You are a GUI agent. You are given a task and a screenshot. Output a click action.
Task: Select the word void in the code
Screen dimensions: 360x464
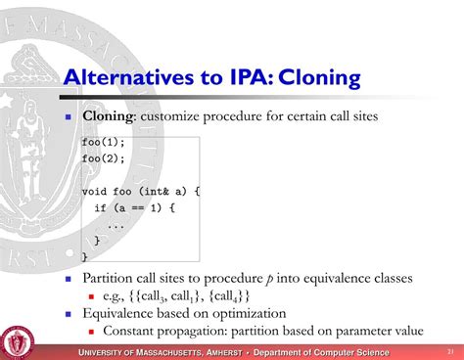[95, 192]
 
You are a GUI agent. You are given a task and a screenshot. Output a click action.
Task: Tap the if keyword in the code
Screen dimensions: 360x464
[100, 208]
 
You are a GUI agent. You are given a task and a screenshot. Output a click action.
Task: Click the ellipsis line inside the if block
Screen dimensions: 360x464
[116, 224]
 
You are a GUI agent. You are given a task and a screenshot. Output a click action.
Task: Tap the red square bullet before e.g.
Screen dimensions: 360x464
[91, 295]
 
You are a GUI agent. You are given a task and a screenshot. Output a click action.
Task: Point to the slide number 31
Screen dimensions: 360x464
[448, 351]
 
